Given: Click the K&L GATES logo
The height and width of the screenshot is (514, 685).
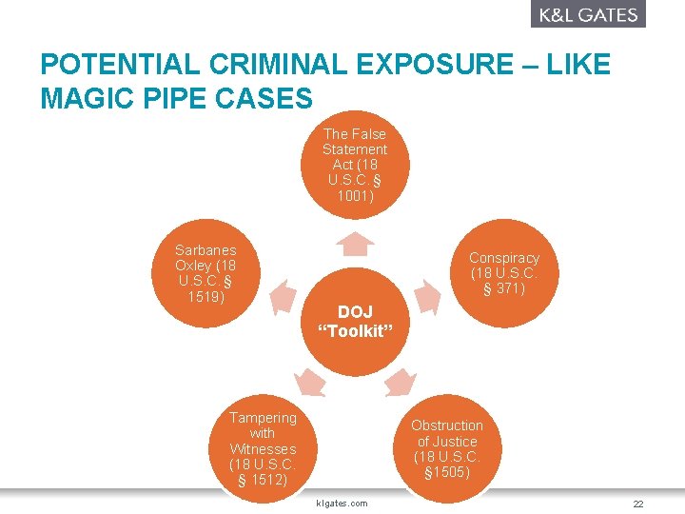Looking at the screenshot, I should pyautogui.click(x=588, y=14).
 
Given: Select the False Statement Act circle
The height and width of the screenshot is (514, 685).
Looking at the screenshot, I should pyautogui.click(x=355, y=165).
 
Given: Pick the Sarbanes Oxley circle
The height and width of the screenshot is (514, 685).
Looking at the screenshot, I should pyautogui.click(x=205, y=273).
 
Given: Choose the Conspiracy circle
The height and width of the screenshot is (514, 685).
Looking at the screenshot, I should pyautogui.click(x=503, y=273).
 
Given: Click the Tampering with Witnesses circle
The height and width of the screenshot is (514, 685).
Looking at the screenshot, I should pyautogui.click(x=263, y=448).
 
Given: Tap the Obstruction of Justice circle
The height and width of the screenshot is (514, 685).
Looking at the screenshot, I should pyautogui.click(x=447, y=448).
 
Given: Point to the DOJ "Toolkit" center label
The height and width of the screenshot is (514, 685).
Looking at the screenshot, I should pyautogui.click(x=356, y=322).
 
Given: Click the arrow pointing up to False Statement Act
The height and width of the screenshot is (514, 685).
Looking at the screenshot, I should pyautogui.click(x=355, y=246).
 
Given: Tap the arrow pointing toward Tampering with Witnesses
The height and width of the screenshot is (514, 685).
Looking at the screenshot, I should pyautogui.click(x=310, y=382).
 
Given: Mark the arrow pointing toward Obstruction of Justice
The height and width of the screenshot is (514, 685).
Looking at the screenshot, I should pyautogui.click(x=400, y=382).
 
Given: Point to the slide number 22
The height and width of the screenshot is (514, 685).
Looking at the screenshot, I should pyautogui.click(x=638, y=504).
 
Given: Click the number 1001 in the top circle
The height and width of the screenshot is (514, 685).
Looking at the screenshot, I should pyautogui.click(x=355, y=197).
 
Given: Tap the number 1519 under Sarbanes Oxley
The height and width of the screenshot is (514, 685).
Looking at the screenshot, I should pyautogui.click(x=205, y=297).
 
